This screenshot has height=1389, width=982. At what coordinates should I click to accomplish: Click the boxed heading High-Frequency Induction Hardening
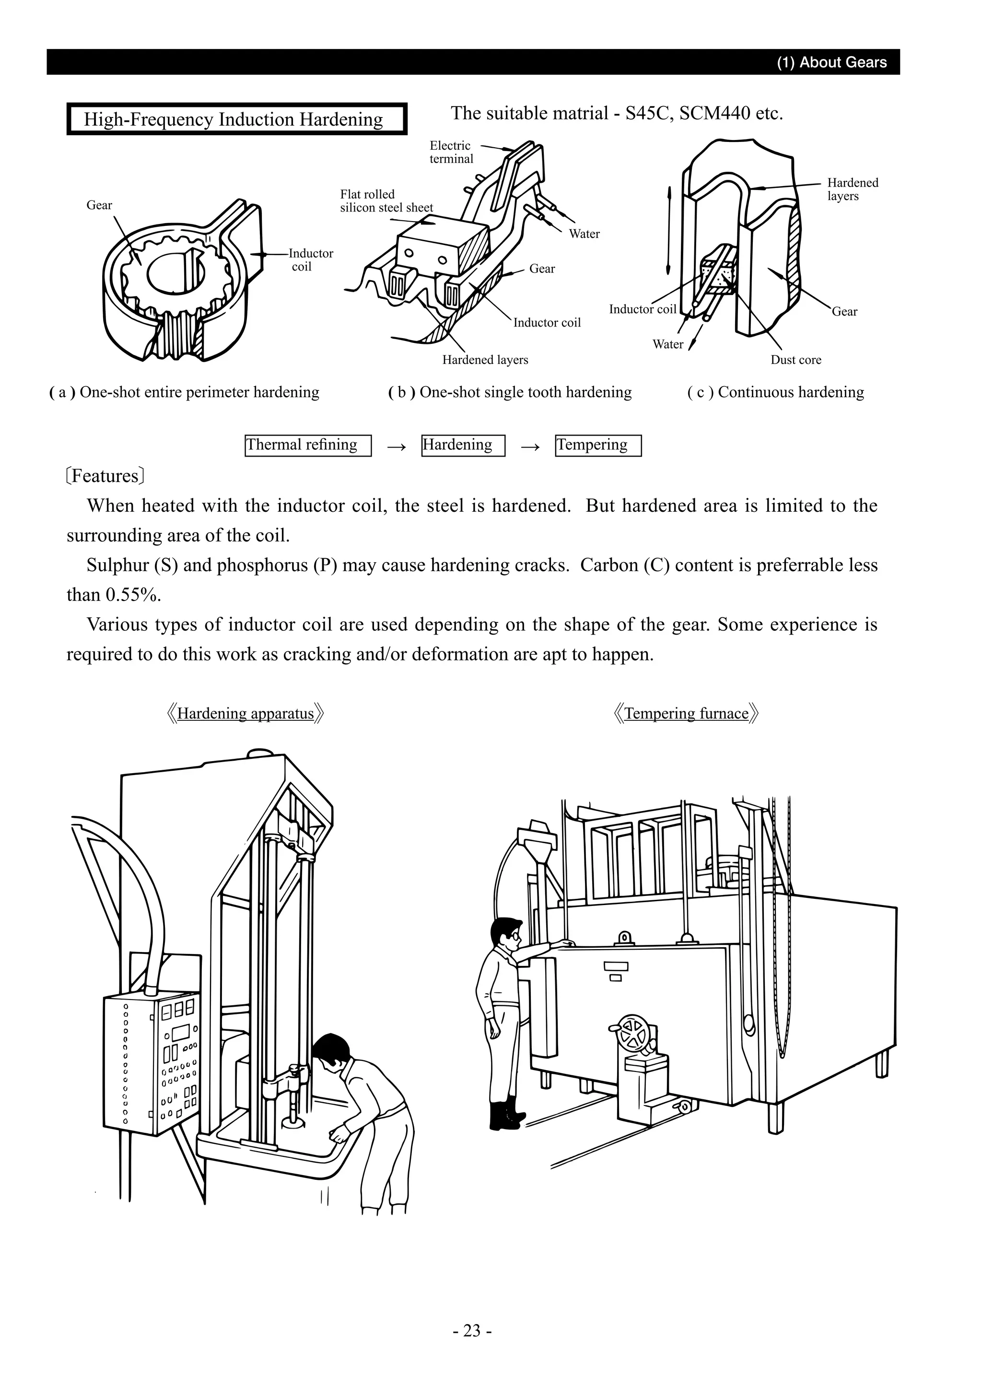tap(236, 119)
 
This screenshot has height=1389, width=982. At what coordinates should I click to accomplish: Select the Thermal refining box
tap(308, 445)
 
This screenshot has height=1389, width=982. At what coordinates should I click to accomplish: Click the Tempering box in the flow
tap(597, 445)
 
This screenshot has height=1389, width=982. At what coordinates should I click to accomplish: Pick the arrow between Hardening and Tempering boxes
tap(530, 447)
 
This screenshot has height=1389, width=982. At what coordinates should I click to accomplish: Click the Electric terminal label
tap(451, 152)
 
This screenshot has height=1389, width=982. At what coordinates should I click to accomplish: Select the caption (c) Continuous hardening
tap(775, 392)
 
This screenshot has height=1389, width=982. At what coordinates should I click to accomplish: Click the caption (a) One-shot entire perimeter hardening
tap(185, 392)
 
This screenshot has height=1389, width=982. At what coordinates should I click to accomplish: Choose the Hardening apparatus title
tap(245, 713)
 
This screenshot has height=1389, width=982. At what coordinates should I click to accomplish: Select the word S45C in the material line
tap(648, 113)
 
